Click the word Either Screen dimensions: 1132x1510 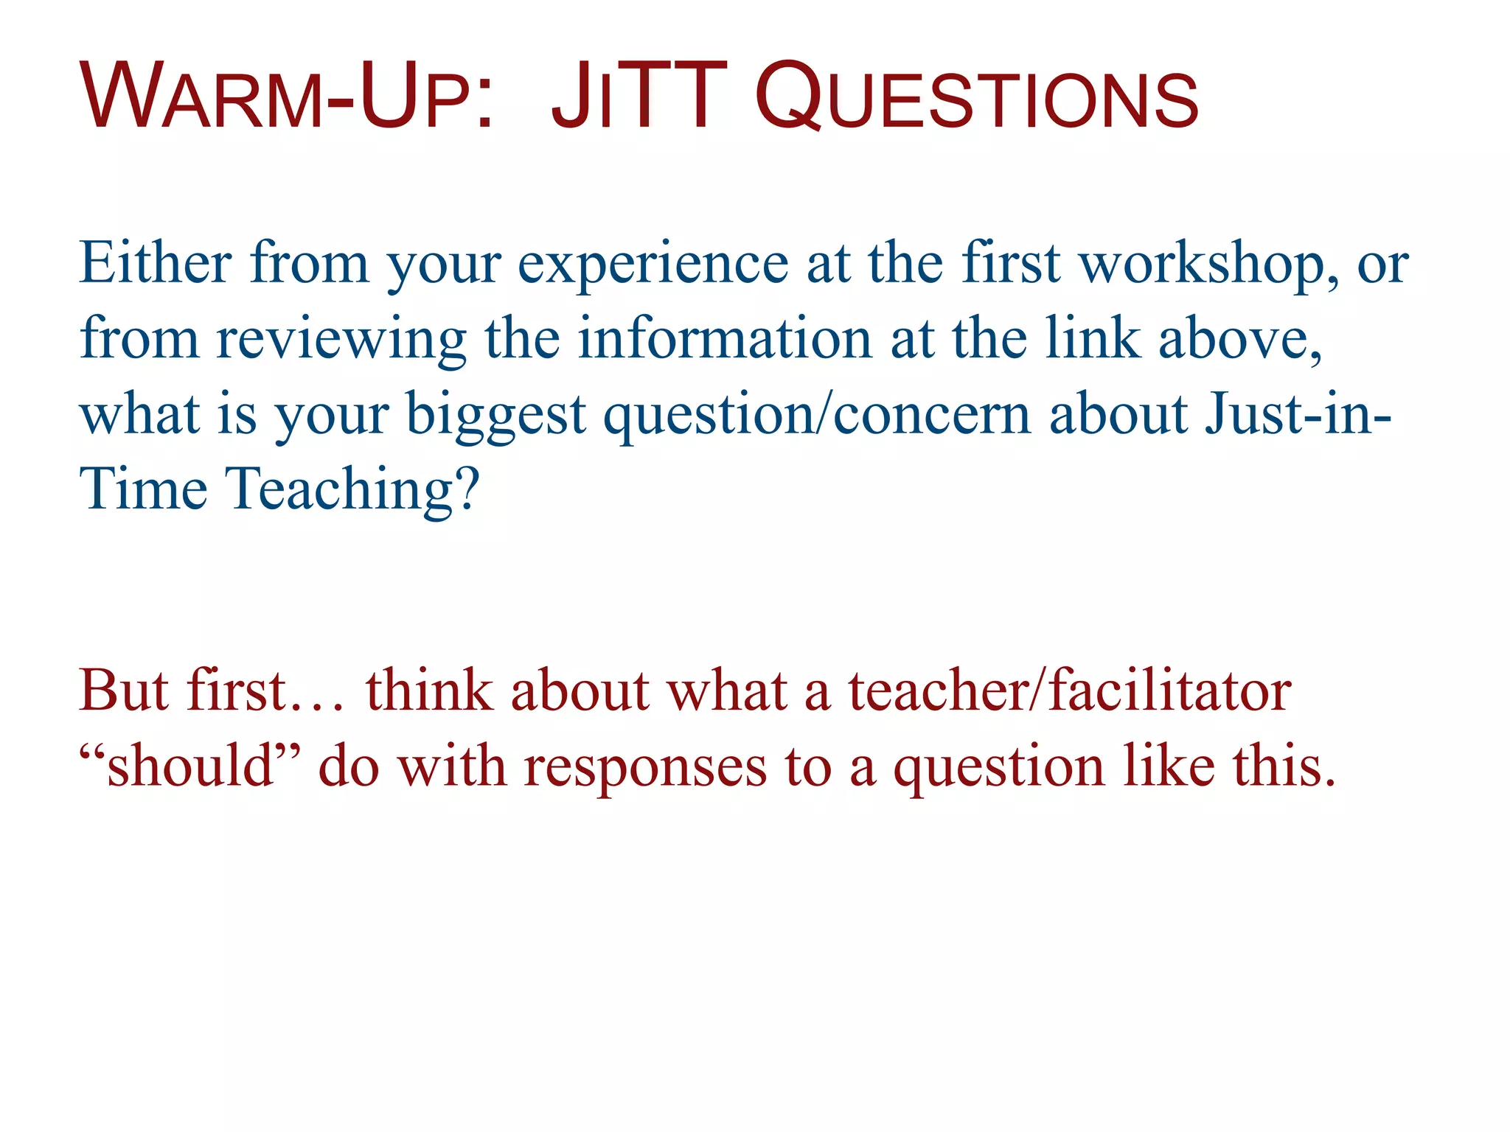(155, 263)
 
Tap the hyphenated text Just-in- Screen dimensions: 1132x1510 (1298, 414)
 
